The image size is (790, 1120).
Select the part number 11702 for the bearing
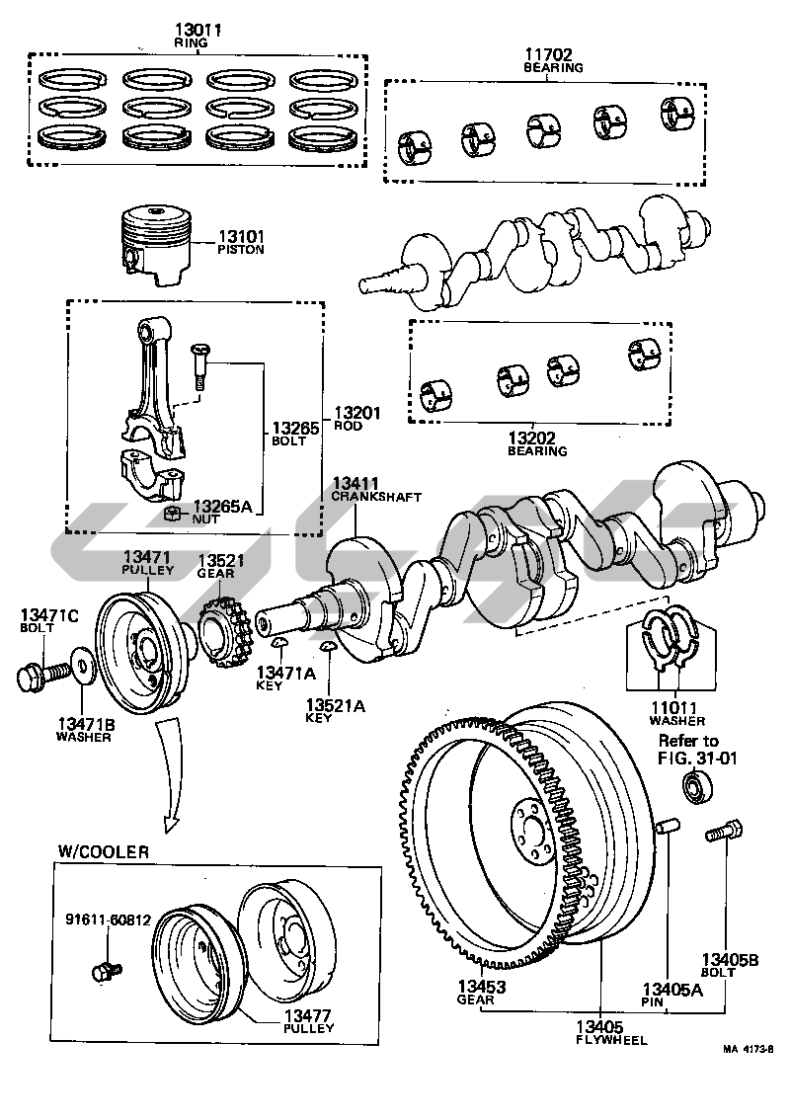click(x=552, y=55)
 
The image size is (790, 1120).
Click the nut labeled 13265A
click(x=174, y=512)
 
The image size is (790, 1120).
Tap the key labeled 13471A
click(x=279, y=645)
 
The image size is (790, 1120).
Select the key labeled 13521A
click(x=328, y=648)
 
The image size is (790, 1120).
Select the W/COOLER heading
click(x=103, y=851)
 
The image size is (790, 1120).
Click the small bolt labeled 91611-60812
click(x=105, y=971)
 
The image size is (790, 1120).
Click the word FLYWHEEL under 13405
click(x=611, y=1040)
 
